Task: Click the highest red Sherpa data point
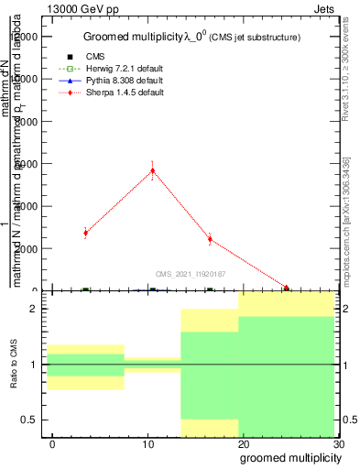point(153,169)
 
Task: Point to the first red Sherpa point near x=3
point(85,233)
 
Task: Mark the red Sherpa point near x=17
point(210,239)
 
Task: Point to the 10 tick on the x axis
point(148,444)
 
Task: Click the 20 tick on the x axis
point(244,444)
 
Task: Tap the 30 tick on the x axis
point(339,444)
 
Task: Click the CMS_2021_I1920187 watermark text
point(190,273)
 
